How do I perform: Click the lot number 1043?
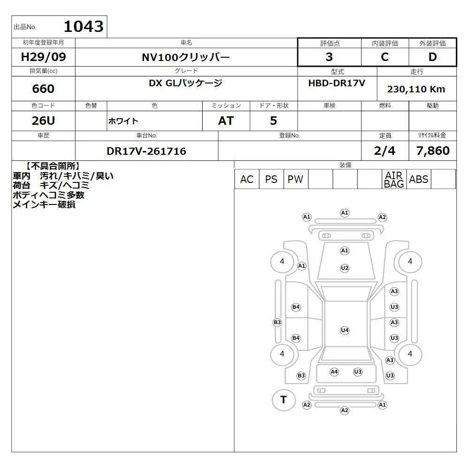pyautogui.click(x=83, y=26)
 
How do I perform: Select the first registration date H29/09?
pyautogui.click(x=43, y=57)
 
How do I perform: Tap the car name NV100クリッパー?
pyautogui.click(x=186, y=57)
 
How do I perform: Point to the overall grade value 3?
pyautogui.click(x=329, y=57)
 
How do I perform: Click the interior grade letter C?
pyautogui.click(x=385, y=57)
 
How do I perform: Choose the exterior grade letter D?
pyautogui.click(x=432, y=57)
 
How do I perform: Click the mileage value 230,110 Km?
pyautogui.click(x=416, y=89)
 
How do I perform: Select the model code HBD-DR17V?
pyautogui.click(x=337, y=83)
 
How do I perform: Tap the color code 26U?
pyautogui.click(x=43, y=121)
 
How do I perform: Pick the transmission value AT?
pyautogui.click(x=226, y=121)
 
